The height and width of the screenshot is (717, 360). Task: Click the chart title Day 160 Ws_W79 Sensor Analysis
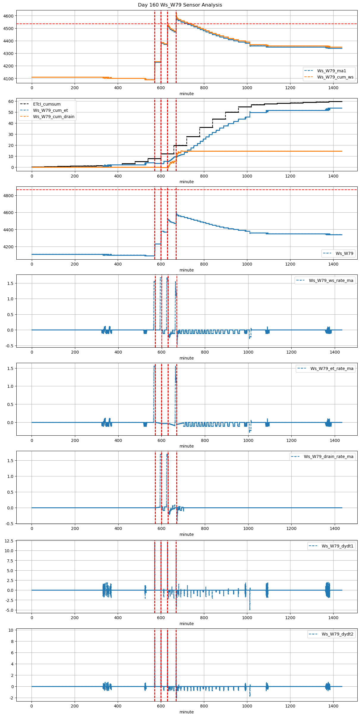click(180, 5)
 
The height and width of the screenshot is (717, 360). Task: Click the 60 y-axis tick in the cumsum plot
click(11, 101)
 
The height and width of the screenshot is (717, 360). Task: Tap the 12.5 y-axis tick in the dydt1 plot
click(9, 541)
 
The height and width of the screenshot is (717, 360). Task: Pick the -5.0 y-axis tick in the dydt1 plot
click(9, 610)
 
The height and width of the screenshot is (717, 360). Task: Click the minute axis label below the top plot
click(187, 94)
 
